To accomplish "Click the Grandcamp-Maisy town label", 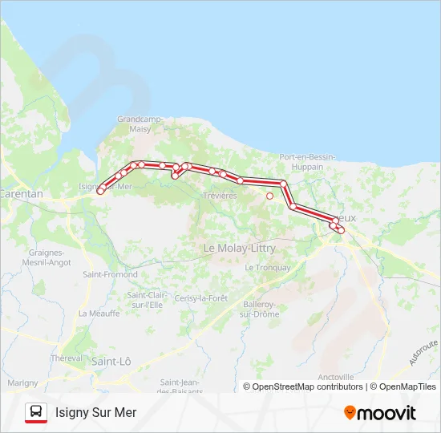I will point(140,123).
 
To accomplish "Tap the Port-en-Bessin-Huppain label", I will point(301,161).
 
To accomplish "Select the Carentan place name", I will point(21,194).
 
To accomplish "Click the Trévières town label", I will point(220,196).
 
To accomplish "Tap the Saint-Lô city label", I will point(111,362).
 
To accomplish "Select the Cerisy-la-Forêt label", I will point(200,298).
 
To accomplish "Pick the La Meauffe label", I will point(94,314).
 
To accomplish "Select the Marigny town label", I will point(22,383).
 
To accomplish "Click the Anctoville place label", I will point(336,377).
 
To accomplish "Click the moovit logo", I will point(380,413).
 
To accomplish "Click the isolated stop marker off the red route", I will point(269,196).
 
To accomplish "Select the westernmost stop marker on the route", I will point(100,191).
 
